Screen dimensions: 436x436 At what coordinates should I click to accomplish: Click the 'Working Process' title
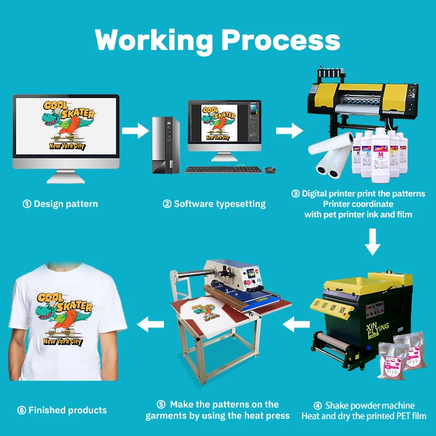(217, 40)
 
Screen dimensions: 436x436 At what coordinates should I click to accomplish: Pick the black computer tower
(165, 145)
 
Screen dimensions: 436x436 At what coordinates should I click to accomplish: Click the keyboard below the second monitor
(223, 170)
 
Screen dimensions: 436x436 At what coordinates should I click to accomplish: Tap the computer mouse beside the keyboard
(270, 170)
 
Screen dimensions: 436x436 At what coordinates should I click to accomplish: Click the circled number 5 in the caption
(162, 405)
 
